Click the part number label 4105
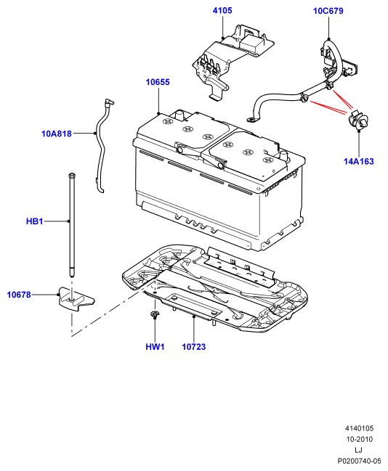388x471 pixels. pos(222,10)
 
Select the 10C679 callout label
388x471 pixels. pos(328,11)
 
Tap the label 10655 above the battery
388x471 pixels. pos(158,82)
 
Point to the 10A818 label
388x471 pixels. pos(57,134)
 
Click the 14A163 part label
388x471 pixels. pos(359,161)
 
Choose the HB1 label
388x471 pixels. pos(35,221)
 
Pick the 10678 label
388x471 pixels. pos(19,295)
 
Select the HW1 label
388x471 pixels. pos(155,347)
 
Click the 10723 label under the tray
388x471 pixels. pos(194,347)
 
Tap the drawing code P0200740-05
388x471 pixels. pos(359,461)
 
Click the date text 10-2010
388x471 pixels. pos(359,439)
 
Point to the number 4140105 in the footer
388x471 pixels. pos(359,428)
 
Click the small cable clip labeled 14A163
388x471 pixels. pos(358,120)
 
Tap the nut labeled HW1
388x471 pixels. pos(155,314)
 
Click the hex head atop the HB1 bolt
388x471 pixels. pos(72,175)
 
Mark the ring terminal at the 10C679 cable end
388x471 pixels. pos(251,120)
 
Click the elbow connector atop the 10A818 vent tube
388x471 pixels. pos(108,102)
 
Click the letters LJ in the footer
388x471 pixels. pos(358,450)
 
